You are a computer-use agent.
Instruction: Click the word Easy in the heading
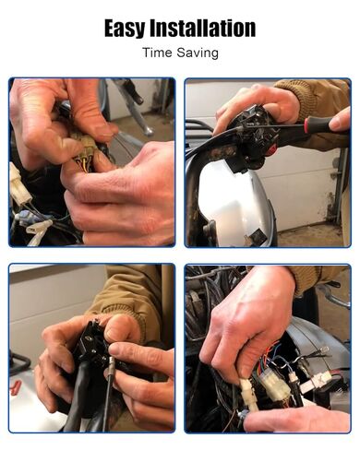click(125, 29)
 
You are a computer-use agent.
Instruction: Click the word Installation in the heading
click(203, 28)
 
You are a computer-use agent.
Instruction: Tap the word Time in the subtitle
click(157, 53)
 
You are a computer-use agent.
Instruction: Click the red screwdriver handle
click(318, 124)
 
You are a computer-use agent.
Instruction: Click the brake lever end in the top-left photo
click(149, 131)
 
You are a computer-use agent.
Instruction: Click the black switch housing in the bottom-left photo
click(93, 343)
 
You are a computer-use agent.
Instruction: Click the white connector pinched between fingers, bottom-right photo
click(248, 395)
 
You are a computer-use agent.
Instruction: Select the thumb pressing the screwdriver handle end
click(339, 119)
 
